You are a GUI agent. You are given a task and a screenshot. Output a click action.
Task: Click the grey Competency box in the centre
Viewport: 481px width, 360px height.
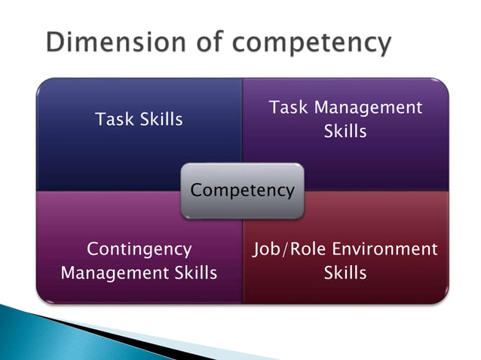[241, 191]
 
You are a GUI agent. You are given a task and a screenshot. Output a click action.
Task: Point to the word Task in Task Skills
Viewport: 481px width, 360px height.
[112, 119]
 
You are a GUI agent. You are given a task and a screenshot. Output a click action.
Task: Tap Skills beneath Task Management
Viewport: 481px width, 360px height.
[345, 131]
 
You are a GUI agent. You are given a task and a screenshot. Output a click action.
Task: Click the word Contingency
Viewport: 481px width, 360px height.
[139, 249]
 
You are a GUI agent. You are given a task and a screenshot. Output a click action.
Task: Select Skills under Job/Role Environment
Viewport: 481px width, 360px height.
[345, 273]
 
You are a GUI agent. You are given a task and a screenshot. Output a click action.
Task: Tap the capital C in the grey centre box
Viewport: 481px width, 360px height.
[196, 191]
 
